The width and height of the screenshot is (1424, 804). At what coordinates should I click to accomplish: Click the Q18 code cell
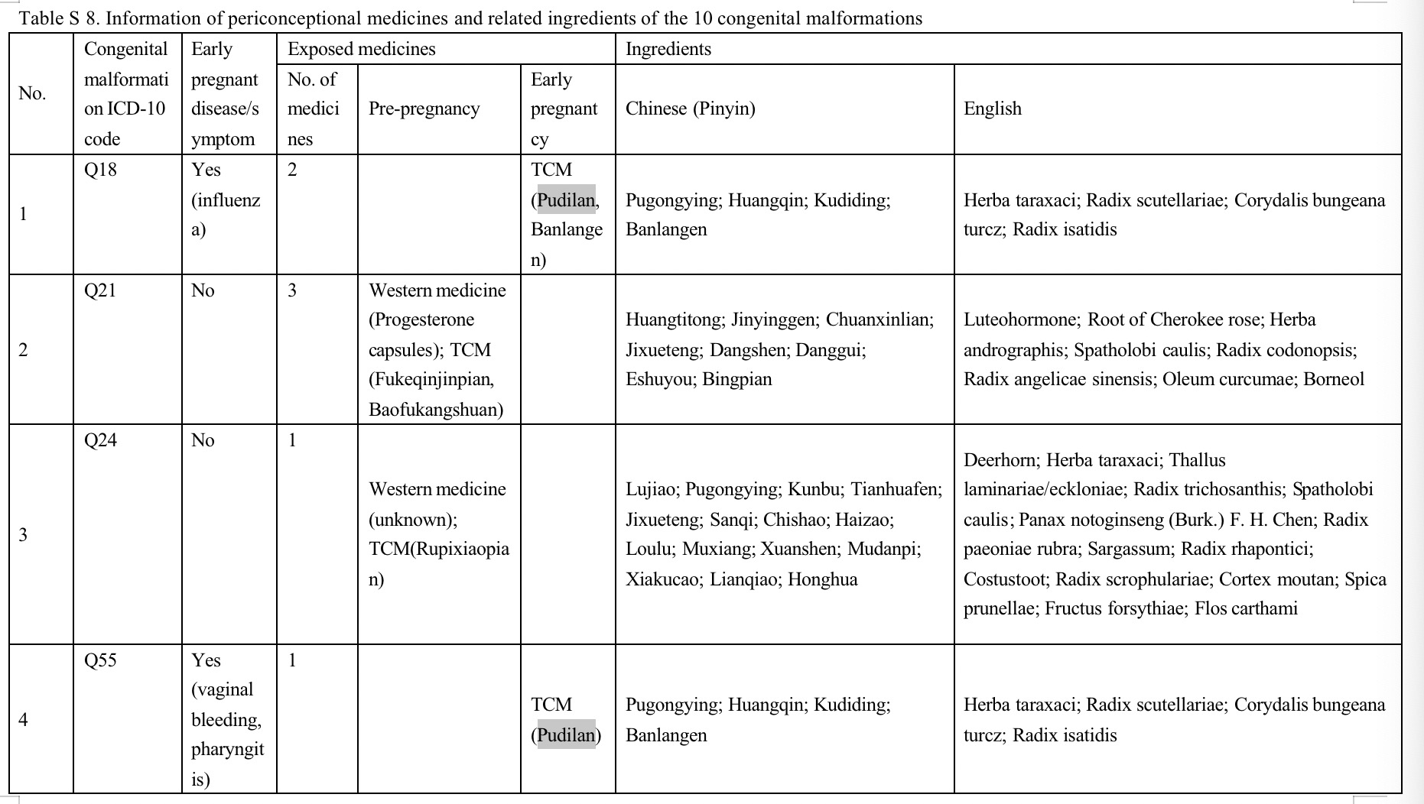(100, 170)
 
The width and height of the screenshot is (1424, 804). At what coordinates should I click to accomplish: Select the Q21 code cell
(100, 290)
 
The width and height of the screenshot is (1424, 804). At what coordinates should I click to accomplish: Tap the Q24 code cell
(100, 440)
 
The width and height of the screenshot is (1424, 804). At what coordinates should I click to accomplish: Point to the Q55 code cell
(100, 660)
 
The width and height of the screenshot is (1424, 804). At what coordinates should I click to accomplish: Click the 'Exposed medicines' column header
(361, 49)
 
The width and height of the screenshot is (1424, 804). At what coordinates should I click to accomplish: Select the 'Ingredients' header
(668, 49)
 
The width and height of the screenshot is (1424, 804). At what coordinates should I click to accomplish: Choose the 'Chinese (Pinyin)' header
(690, 109)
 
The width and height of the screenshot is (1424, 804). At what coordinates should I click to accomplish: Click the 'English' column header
(992, 109)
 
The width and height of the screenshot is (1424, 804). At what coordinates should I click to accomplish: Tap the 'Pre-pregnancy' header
(424, 109)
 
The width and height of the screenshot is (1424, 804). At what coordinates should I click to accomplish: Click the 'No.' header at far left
(32, 93)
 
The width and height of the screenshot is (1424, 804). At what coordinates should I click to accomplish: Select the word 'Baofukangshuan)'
(436, 410)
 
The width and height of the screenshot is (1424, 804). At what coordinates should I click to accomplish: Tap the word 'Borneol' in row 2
(1334, 379)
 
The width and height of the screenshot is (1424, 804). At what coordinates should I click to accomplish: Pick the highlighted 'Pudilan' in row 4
(566, 735)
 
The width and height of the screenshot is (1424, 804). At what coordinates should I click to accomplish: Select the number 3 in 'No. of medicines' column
(292, 290)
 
